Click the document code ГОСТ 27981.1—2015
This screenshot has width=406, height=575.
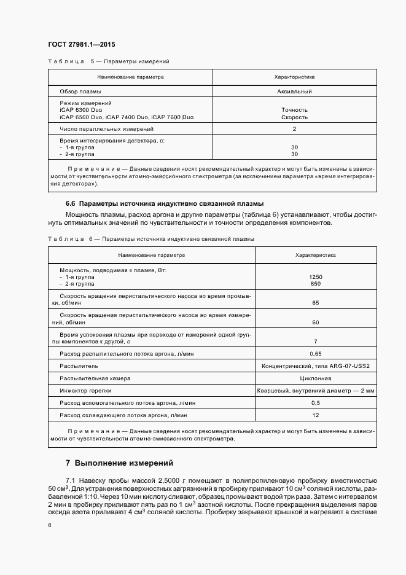(x=81, y=45)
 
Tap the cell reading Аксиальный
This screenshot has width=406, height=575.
(x=294, y=92)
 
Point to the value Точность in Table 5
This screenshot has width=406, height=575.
(x=294, y=110)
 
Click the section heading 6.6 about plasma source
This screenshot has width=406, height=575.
(x=165, y=203)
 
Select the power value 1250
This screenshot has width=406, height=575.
(x=316, y=277)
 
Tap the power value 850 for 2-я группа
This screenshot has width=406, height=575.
(x=316, y=284)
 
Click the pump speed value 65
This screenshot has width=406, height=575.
(x=316, y=303)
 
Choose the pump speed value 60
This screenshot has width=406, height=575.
(x=316, y=322)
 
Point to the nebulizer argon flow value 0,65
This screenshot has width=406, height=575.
(x=316, y=354)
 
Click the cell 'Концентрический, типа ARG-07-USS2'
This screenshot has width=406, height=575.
(x=316, y=366)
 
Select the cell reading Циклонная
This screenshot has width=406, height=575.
(x=316, y=378)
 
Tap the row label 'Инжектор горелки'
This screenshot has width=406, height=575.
(x=85, y=391)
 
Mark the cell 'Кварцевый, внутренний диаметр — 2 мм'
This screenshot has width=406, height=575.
(x=316, y=391)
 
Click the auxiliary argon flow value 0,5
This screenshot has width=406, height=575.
(x=316, y=403)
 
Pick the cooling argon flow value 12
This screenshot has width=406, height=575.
(x=316, y=415)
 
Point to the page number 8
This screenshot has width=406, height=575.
(x=49, y=525)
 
